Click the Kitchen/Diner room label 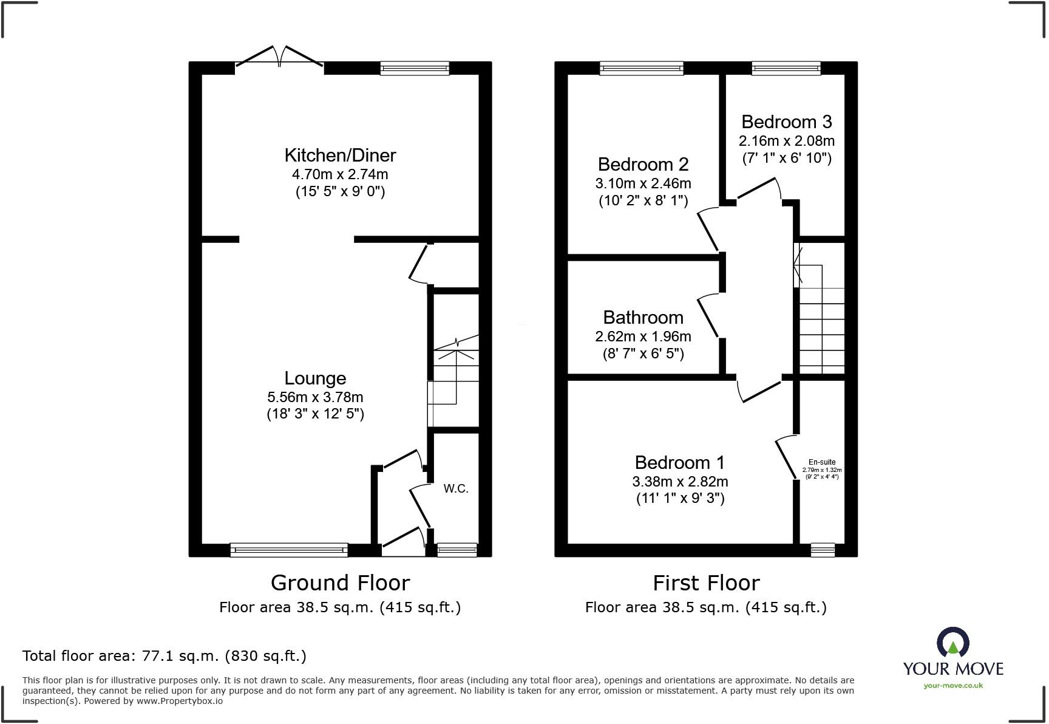coord(340,155)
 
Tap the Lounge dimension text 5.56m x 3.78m coord(315,397)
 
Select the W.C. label coord(456,489)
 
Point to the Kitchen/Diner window coord(415,68)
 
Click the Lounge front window coord(289,550)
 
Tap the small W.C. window coord(457,550)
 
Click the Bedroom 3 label coord(786,122)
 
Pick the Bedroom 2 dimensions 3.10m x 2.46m coord(643,183)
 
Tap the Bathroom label coord(643,318)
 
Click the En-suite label coord(822,462)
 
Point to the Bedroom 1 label coord(679,463)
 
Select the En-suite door coord(787,457)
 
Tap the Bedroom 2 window coord(642,68)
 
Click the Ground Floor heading coord(340,583)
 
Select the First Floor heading coord(706,583)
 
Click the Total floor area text coord(165,656)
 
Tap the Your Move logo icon coord(952,642)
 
